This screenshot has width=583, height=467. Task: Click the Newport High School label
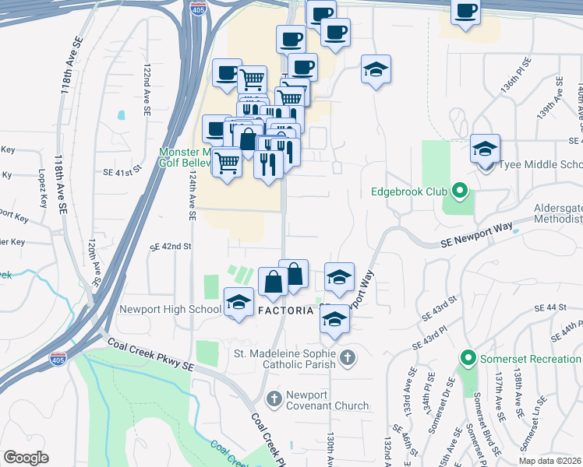pyautogui.click(x=170, y=309)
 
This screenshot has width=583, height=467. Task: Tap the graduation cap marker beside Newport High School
pyautogui.click(x=238, y=302)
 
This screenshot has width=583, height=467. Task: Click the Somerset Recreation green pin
pyautogui.click(x=468, y=359)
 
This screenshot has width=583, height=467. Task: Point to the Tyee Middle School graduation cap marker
pyautogui.click(x=485, y=149)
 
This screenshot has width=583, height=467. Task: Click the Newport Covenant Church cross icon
pyautogui.click(x=274, y=399)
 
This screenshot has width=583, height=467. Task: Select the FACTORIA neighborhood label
pyautogui.click(x=287, y=310)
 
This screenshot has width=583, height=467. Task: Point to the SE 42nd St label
pyautogui.click(x=171, y=246)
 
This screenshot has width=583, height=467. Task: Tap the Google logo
pyautogui.click(x=26, y=457)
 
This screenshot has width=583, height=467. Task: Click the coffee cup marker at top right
pyautogui.click(x=466, y=12)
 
